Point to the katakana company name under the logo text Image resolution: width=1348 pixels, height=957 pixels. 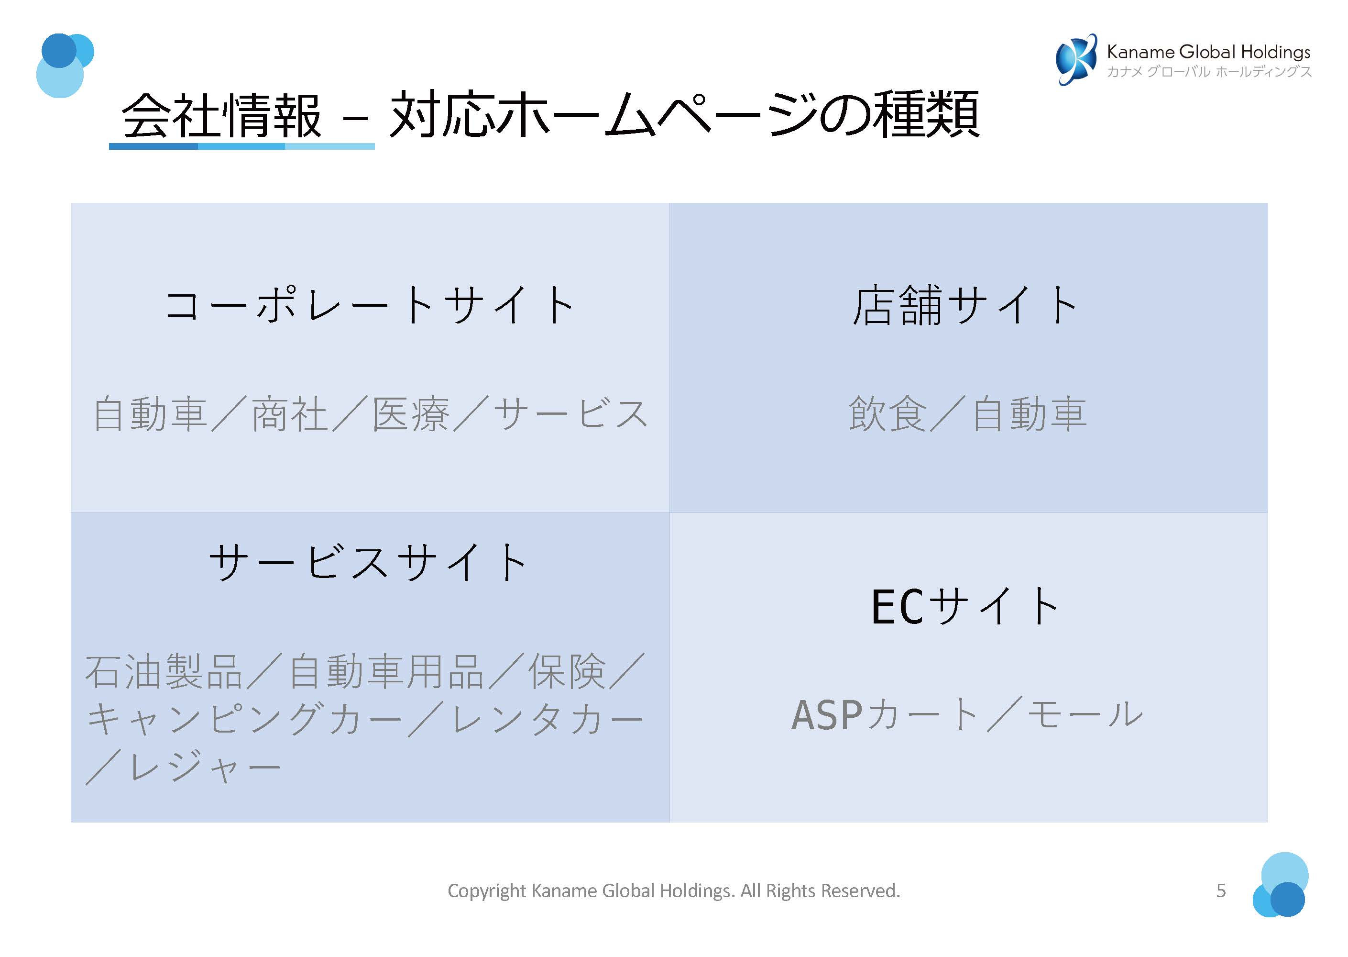1208,72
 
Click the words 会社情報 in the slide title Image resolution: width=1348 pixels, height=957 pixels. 221,115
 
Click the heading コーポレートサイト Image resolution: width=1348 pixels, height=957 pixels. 370,305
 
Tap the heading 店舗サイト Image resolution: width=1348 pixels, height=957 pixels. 966,305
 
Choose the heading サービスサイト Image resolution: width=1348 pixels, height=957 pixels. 369,562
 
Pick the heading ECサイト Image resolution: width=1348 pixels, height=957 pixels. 966,606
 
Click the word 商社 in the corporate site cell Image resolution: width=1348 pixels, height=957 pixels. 290,414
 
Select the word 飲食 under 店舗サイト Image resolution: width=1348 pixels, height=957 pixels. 888,414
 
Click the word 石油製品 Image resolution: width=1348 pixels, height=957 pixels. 164,671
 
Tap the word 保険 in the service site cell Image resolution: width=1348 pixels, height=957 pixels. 567,671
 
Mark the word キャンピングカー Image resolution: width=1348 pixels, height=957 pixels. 244,720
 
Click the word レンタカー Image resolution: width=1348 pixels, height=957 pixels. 548,720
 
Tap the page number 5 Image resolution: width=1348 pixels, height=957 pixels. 1221,890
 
